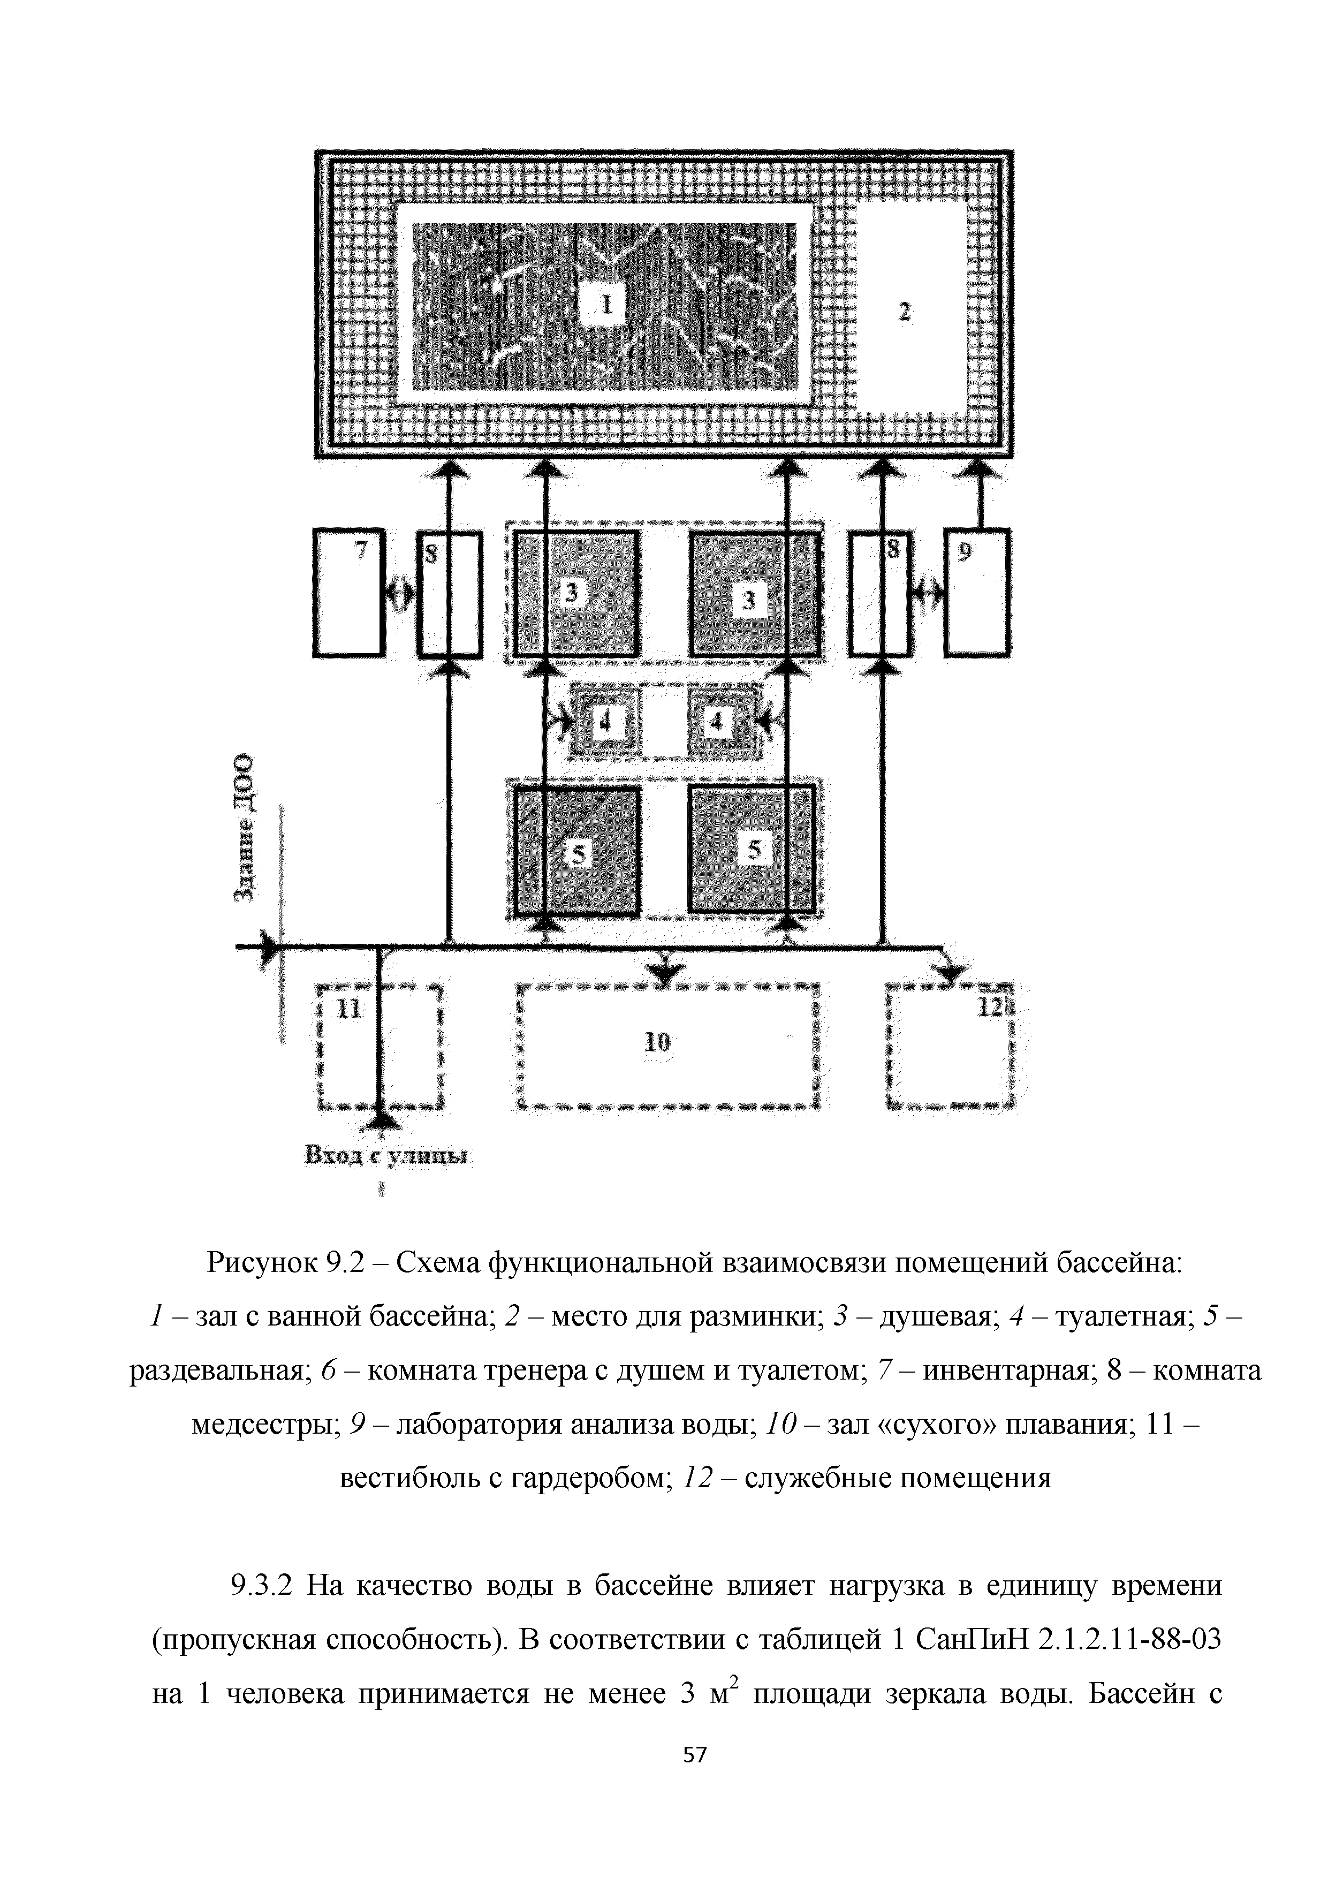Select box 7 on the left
click(x=348, y=593)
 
